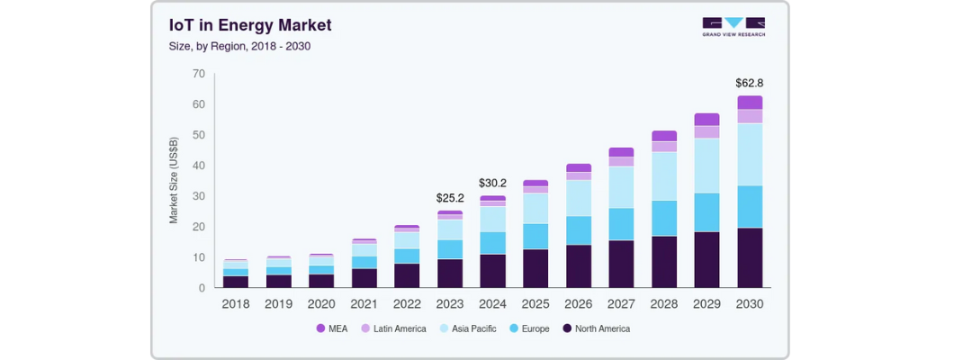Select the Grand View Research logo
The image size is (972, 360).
pos(733,27)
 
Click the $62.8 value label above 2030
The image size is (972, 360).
pos(749,83)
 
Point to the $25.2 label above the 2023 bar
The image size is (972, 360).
pos(449,198)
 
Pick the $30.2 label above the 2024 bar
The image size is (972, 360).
pos(492,183)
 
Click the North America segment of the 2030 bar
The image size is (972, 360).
pos(749,257)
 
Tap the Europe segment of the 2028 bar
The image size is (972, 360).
pos(664,218)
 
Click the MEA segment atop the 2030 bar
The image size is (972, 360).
pos(749,103)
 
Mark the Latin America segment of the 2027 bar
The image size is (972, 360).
pos(621,162)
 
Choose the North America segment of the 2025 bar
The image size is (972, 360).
pos(535,268)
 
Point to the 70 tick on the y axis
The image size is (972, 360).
pos(198,74)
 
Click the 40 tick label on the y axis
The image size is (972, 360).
pos(198,166)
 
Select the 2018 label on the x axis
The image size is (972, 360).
pos(236,304)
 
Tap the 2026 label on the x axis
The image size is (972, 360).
pos(578,304)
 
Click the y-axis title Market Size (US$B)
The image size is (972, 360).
pos(174,181)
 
